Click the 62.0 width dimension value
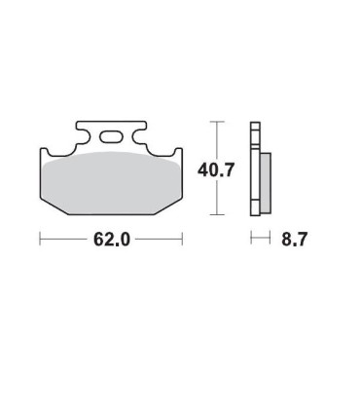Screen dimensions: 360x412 tap(112, 240)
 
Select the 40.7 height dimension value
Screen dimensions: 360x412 tap(216, 169)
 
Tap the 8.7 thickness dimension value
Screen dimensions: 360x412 tap(294, 240)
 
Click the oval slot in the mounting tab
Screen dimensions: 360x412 tap(111, 136)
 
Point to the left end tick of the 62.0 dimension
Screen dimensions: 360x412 tap(40, 239)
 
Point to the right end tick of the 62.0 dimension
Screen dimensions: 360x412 tap(182, 239)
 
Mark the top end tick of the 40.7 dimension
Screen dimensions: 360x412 tap(217, 122)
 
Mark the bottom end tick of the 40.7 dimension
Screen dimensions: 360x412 tap(217, 214)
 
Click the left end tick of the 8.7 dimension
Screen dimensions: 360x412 tap(251, 238)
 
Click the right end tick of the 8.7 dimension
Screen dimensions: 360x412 tap(270, 238)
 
